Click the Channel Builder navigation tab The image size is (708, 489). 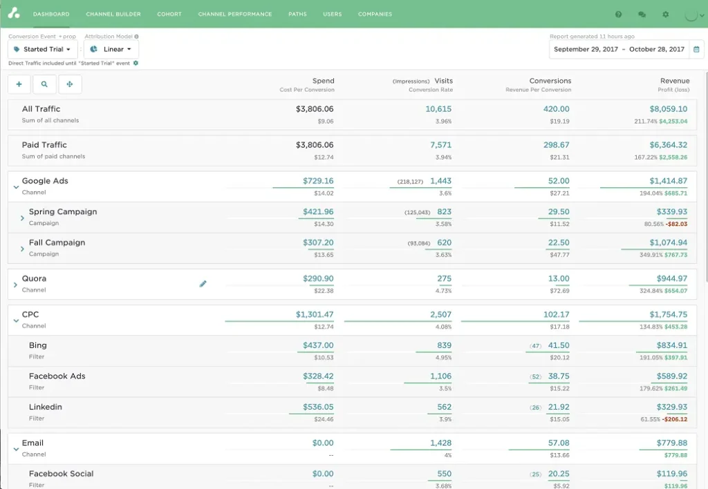click(113, 14)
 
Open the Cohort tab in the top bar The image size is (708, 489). click(169, 14)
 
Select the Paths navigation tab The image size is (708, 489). click(297, 14)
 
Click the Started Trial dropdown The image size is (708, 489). click(43, 50)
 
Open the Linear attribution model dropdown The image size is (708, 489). click(111, 50)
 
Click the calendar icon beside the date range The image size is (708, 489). click(696, 50)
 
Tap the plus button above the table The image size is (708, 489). click(19, 84)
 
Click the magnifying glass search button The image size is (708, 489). click(44, 84)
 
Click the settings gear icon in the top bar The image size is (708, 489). click(665, 15)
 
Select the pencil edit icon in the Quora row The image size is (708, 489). click(203, 284)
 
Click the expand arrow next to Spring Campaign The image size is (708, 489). click(22, 218)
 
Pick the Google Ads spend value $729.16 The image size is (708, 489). click(318, 181)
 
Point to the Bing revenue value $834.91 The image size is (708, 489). click(672, 345)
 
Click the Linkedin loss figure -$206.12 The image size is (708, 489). click(674, 419)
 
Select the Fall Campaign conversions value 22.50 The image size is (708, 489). click(559, 242)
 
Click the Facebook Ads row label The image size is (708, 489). click(57, 376)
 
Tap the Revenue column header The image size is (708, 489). click(674, 81)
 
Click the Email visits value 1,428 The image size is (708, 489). click(440, 443)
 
